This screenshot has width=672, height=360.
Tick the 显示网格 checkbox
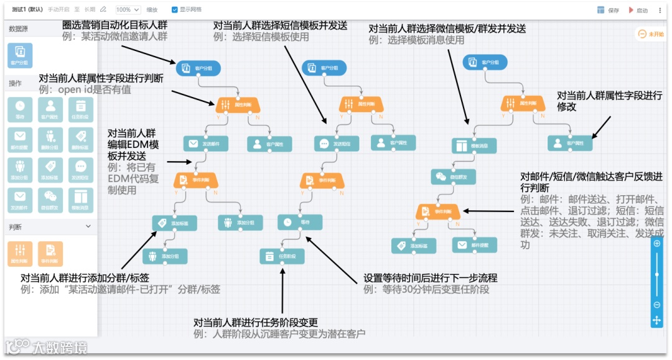174,10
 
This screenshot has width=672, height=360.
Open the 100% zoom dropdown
127,10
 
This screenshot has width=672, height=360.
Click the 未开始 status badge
650,34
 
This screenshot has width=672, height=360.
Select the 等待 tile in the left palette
21,108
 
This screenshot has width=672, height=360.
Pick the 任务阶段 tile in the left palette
81,108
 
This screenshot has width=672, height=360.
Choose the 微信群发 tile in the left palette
50,200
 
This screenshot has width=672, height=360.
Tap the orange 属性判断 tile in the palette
21,252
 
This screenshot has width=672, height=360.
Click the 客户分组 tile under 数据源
21,54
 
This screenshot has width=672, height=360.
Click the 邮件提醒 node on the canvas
475,245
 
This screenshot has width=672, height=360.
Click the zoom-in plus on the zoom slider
657,244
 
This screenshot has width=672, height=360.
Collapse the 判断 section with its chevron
88,226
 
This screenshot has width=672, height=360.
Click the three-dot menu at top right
660,11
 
